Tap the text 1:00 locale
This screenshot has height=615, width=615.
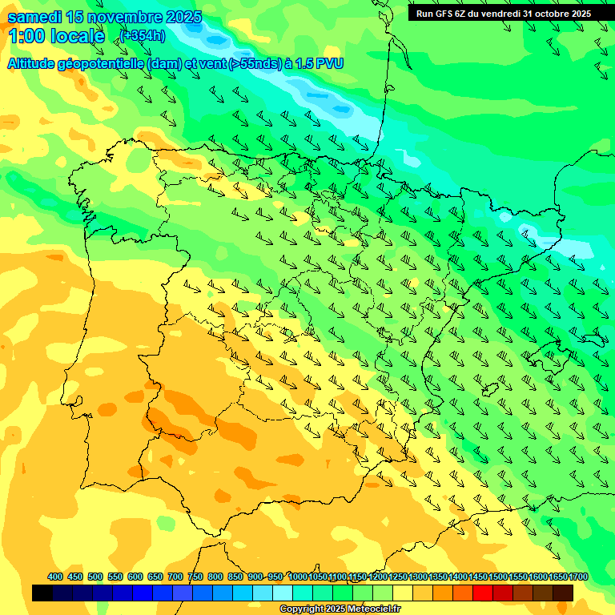coord(56,36)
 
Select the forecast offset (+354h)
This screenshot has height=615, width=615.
coord(143,36)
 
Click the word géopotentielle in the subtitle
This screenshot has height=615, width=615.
coord(99,64)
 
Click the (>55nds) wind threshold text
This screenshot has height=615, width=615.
coord(251,64)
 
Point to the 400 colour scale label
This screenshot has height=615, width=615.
coord(55,577)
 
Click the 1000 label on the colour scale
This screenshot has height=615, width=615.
coord(298,577)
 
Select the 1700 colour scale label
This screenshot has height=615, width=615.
coord(579,577)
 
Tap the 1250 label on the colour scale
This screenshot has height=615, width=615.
coord(398,577)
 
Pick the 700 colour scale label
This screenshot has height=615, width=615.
coord(175,577)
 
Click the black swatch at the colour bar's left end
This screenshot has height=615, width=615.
coord(42,593)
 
